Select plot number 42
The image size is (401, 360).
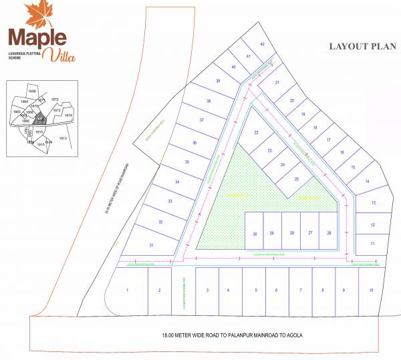point(263,44)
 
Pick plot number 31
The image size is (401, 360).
point(152,246)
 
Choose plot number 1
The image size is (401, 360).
point(127,290)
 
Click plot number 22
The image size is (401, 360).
point(255,133)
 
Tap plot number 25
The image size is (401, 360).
point(297,178)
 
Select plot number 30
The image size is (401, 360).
point(255,233)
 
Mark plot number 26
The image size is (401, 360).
point(329,233)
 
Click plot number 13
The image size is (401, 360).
point(374,202)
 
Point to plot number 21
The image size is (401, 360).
point(277,83)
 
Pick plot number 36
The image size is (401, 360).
point(194,143)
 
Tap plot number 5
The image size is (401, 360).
point(255,290)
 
